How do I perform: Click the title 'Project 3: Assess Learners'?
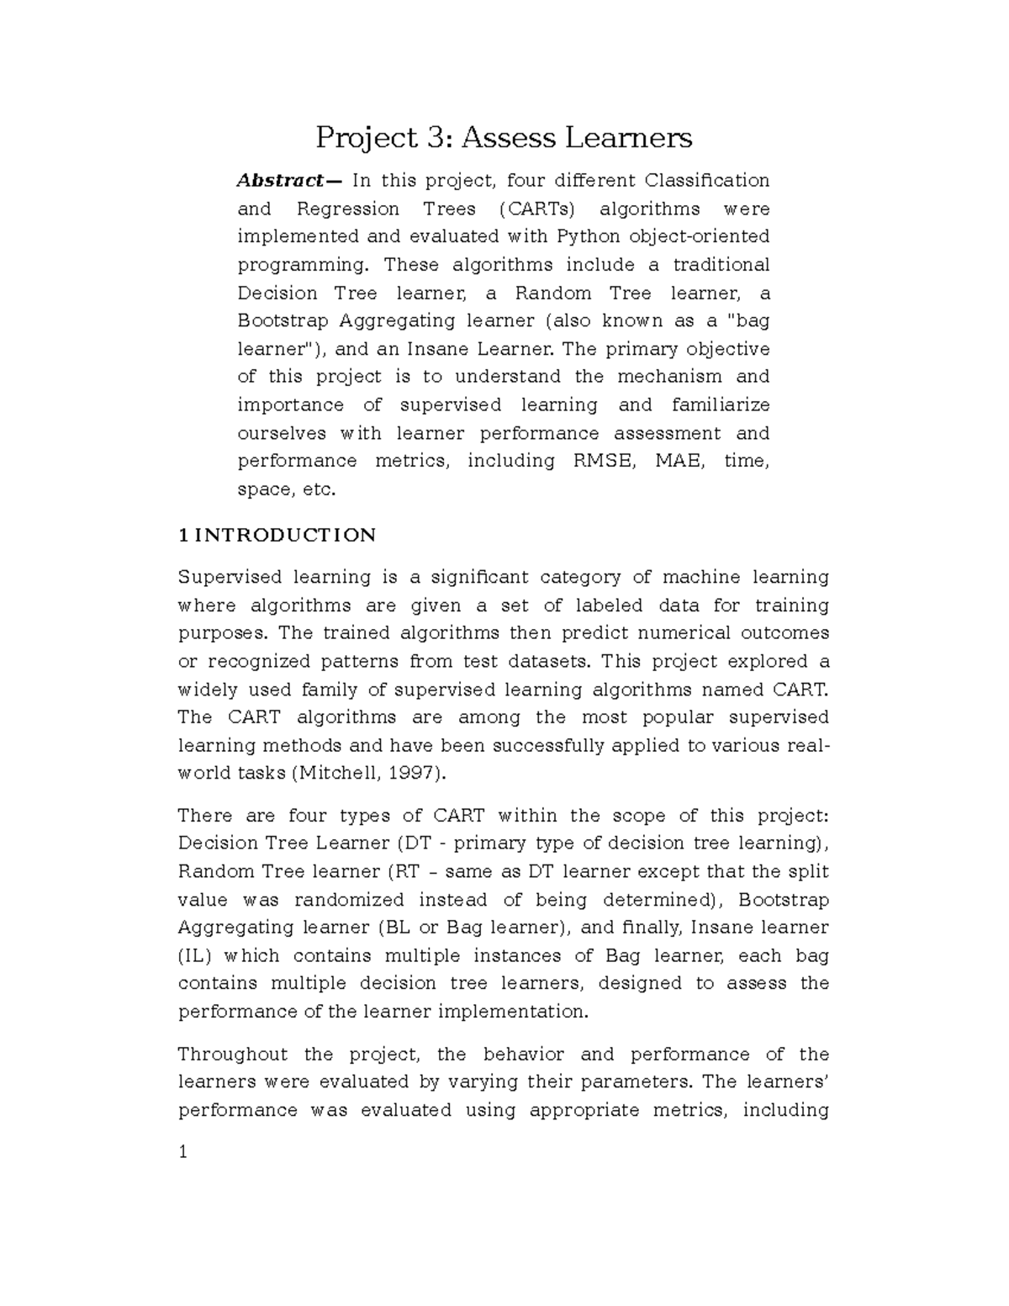(x=504, y=136)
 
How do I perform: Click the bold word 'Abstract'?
(x=278, y=181)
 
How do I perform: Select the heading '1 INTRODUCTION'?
(x=277, y=536)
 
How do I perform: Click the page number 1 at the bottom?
(x=182, y=1152)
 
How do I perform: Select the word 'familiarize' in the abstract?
(x=721, y=405)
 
